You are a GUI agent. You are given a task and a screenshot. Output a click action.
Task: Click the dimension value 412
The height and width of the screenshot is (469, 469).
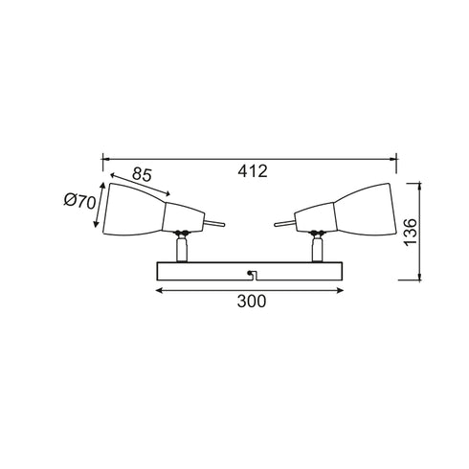252,171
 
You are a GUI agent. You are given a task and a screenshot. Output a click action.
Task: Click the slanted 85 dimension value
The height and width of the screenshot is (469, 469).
142,175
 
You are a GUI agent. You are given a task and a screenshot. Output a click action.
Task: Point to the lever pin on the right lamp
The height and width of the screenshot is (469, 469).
282,223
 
